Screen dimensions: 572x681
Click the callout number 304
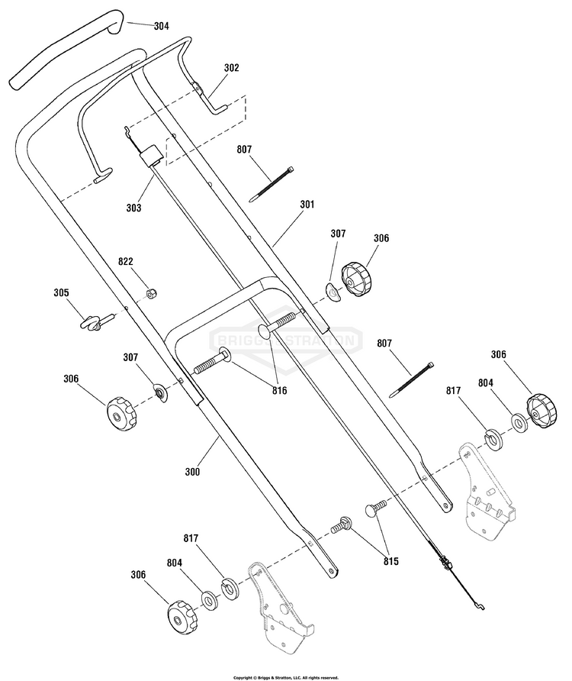click(162, 26)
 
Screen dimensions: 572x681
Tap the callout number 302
click(231, 68)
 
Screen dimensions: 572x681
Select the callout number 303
click(133, 208)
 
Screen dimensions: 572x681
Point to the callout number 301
click(307, 204)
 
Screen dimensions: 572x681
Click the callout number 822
click(126, 261)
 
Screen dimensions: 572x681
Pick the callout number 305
click(61, 292)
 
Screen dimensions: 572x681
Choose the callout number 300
click(192, 472)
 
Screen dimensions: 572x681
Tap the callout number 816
click(279, 391)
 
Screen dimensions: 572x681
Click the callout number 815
click(390, 562)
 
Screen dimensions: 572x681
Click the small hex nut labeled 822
click(152, 294)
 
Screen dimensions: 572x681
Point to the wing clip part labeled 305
click(96, 322)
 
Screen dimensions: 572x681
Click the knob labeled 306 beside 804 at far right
click(541, 412)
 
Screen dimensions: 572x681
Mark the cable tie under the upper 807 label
click(272, 184)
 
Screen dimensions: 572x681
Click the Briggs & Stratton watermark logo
click(287, 340)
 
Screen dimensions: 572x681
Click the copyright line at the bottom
click(285, 677)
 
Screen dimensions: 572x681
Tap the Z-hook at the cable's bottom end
click(479, 605)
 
